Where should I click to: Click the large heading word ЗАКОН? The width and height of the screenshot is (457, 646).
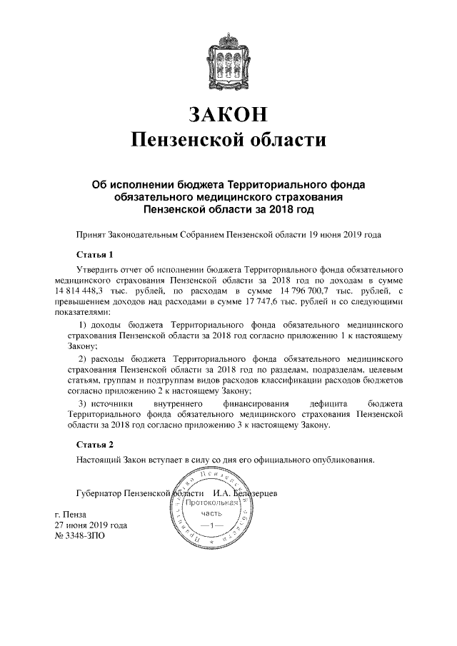tap(228, 113)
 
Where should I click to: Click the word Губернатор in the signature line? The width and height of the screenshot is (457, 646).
tap(98, 493)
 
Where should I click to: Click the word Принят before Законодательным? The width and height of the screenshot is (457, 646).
tap(90, 233)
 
